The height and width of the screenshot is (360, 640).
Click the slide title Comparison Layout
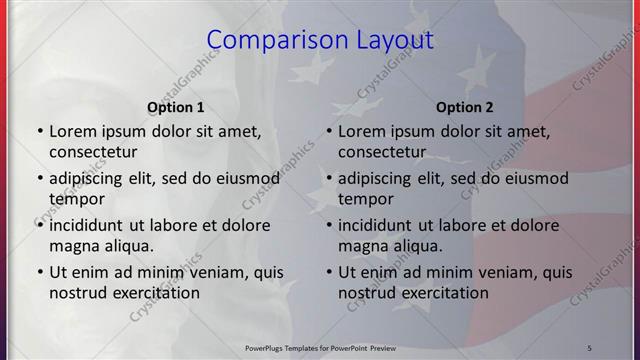point(320,41)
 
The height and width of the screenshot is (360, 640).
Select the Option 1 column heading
point(176,107)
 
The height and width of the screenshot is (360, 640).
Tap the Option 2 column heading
point(465,107)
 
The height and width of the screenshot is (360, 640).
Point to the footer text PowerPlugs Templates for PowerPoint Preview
point(320,347)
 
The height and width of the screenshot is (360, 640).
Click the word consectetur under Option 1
point(93,152)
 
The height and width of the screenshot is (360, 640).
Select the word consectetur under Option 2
point(382,152)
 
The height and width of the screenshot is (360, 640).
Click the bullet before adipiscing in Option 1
point(39,179)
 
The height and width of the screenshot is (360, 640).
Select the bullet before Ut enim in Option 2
point(328,272)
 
